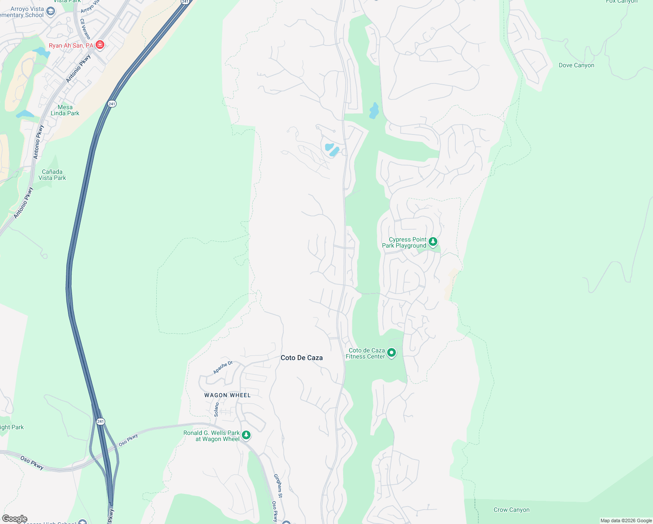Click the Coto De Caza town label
(x=302, y=358)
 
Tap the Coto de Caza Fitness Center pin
(x=392, y=353)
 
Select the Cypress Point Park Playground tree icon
(x=433, y=241)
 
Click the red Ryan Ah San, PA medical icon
(x=100, y=45)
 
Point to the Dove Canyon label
(x=576, y=65)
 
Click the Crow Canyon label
(x=511, y=510)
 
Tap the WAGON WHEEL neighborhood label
(x=227, y=395)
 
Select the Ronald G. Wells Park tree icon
(x=246, y=435)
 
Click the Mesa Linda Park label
(x=65, y=110)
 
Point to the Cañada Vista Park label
(x=52, y=175)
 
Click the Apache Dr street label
(x=223, y=367)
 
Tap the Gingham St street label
(x=278, y=486)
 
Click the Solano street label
(x=217, y=409)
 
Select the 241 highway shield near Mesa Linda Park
(x=112, y=104)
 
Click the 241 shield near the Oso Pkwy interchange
(x=101, y=421)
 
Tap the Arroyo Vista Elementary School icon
(x=51, y=11)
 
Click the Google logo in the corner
(x=14, y=519)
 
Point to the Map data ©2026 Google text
(x=626, y=521)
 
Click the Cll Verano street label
(x=85, y=29)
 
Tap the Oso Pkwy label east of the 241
(x=128, y=440)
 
